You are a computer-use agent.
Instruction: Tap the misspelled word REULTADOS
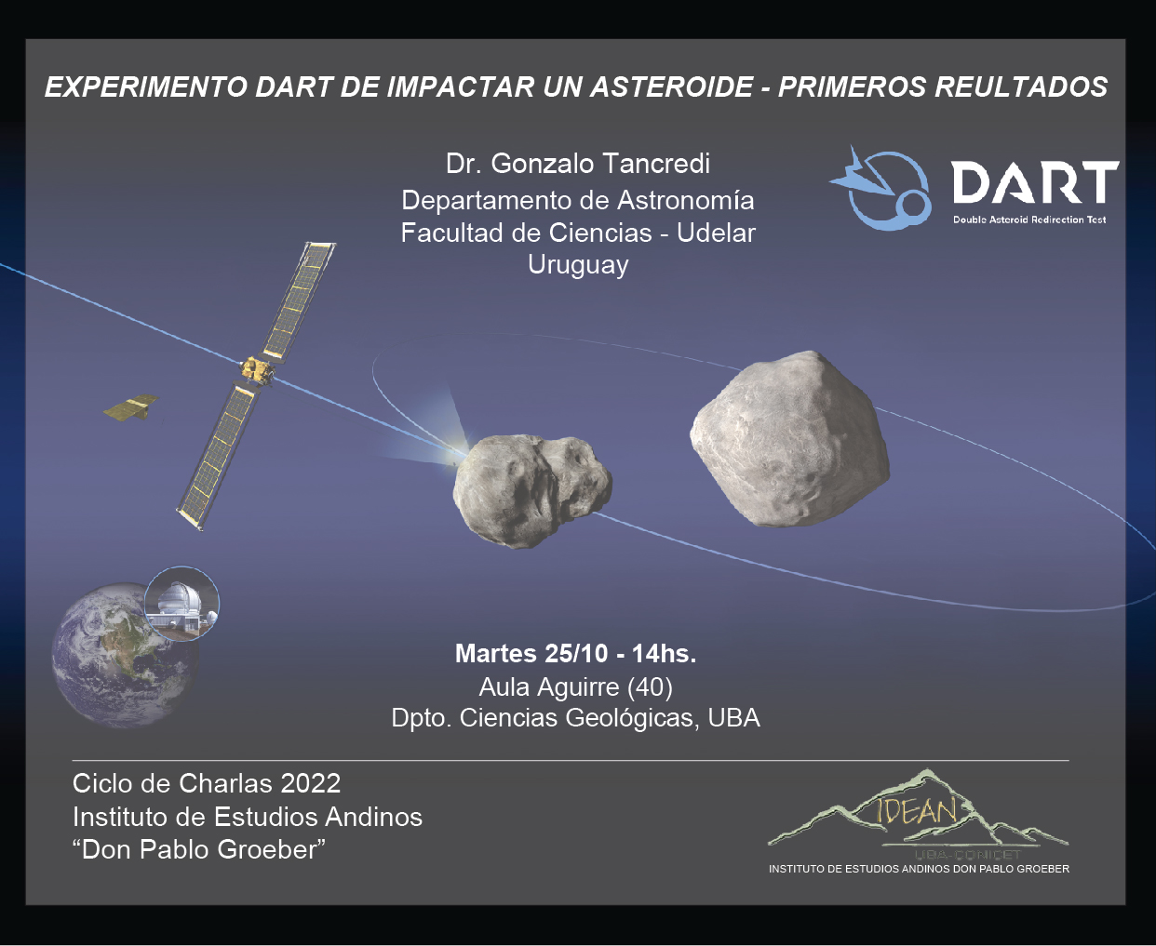[1021, 87]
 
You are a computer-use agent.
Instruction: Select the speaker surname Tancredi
[655, 163]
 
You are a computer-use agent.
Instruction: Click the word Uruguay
[578, 266]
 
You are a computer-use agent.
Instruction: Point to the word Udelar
[716, 233]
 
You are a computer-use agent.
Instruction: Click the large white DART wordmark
[1034, 182]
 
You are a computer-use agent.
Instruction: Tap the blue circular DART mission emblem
[881, 189]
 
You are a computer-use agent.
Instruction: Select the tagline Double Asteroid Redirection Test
[1029, 220]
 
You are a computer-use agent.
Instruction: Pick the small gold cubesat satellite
[130, 407]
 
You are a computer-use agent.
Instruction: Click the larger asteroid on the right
[790, 439]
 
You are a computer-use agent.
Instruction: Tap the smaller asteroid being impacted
[531, 490]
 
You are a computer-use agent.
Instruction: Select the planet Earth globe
[125, 655]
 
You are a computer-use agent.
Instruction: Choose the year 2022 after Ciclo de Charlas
[310, 783]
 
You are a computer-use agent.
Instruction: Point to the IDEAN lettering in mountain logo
[916, 811]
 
